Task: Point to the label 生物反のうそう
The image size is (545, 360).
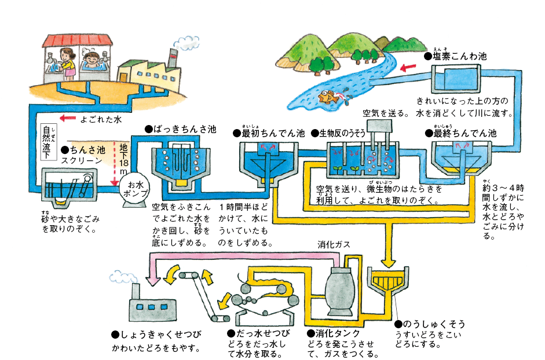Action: pyautogui.click(x=342, y=133)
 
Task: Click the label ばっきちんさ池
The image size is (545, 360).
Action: pyautogui.click(x=180, y=130)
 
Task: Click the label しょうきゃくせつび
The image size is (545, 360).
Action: pyautogui.click(x=156, y=335)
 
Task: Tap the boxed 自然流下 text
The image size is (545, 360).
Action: pyautogui.click(x=48, y=141)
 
